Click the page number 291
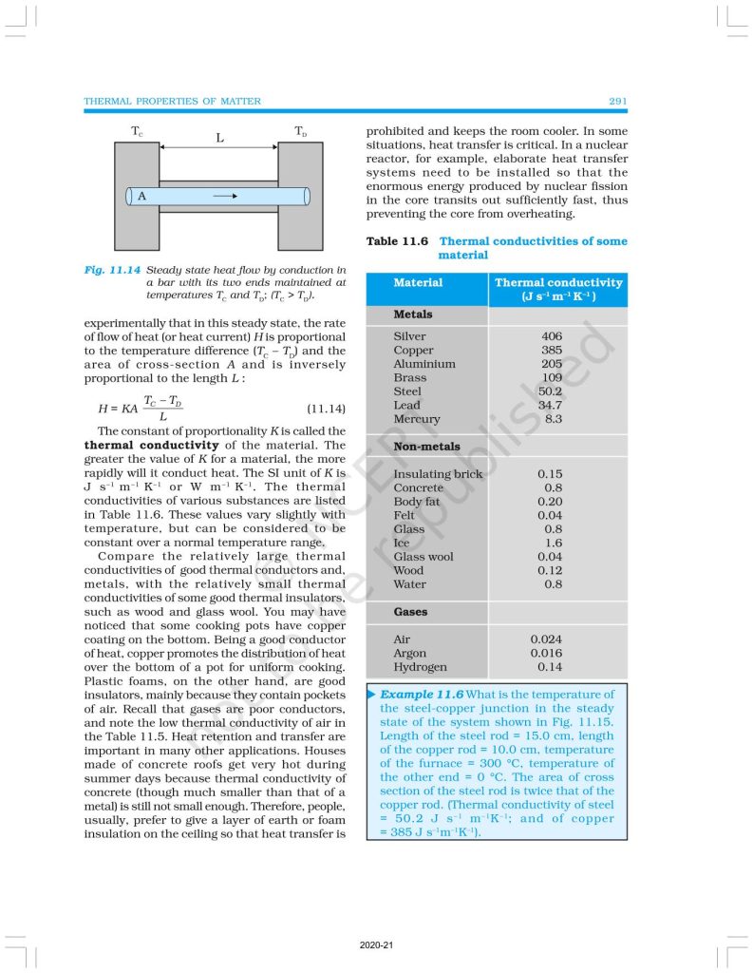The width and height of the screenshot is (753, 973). (614, 101)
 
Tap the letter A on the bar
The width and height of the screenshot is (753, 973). (141, 196)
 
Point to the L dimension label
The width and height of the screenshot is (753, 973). (219, 138)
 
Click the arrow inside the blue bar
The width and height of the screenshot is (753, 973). (224, 196)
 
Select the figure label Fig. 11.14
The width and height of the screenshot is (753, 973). (112, 270)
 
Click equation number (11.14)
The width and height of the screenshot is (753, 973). (326, 409)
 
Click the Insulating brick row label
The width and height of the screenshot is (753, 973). (438, 474)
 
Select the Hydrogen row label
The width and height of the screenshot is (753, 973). (421, 667)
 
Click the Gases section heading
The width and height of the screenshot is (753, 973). (410, 612)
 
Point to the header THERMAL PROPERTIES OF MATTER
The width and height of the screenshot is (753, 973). (172, 101)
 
